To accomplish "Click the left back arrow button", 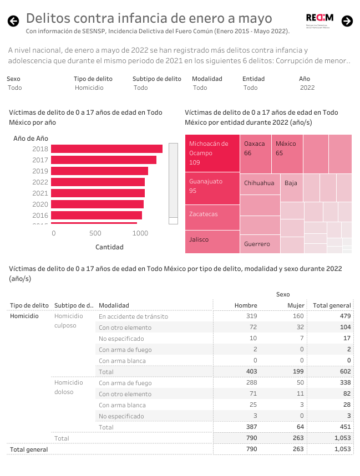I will point(13,21).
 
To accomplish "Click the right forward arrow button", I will point(347,21).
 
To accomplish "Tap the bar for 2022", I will point(98,182).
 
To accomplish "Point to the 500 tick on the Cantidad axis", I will point(95,234).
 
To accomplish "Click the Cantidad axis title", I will point(109,247).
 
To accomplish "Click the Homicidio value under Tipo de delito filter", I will point(89,88).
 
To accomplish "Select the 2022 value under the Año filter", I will point(307,88).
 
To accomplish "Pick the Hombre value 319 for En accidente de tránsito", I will point(251,316).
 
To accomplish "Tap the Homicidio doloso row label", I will point(69,387).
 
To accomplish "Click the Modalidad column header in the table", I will point(114,305).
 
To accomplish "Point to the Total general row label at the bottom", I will point(29,449).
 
